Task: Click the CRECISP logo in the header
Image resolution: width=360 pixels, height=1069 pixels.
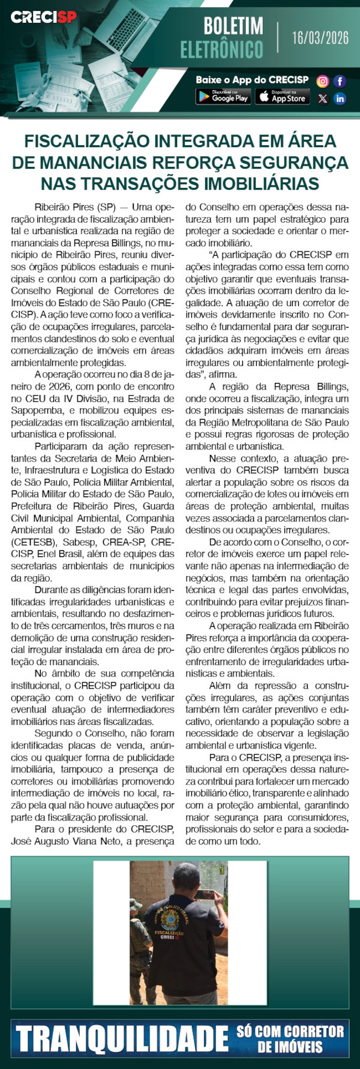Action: [x=43, y=17]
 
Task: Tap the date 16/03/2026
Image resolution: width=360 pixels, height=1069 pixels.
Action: [x=320, y=38]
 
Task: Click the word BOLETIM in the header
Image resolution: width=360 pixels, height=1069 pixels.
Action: [x=233, y=26]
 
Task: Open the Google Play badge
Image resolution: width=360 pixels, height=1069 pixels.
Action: [x=223, y=96]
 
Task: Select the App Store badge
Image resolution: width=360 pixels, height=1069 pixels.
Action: [x=282, y=96]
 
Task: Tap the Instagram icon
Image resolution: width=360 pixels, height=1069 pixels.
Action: [x=323, y=81]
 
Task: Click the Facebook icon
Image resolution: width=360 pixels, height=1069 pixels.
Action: [x=340, y=81]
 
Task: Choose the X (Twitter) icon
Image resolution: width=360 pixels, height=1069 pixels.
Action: [x=323, y=98]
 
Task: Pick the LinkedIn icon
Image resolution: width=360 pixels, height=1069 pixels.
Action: [x=340, y=98]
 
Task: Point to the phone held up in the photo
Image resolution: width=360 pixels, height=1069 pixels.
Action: [x=207, y=894]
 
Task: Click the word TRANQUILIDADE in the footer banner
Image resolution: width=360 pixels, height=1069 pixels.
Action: [x=122, y=1040]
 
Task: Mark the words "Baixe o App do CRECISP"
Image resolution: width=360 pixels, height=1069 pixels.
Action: [x=252, y=80]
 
